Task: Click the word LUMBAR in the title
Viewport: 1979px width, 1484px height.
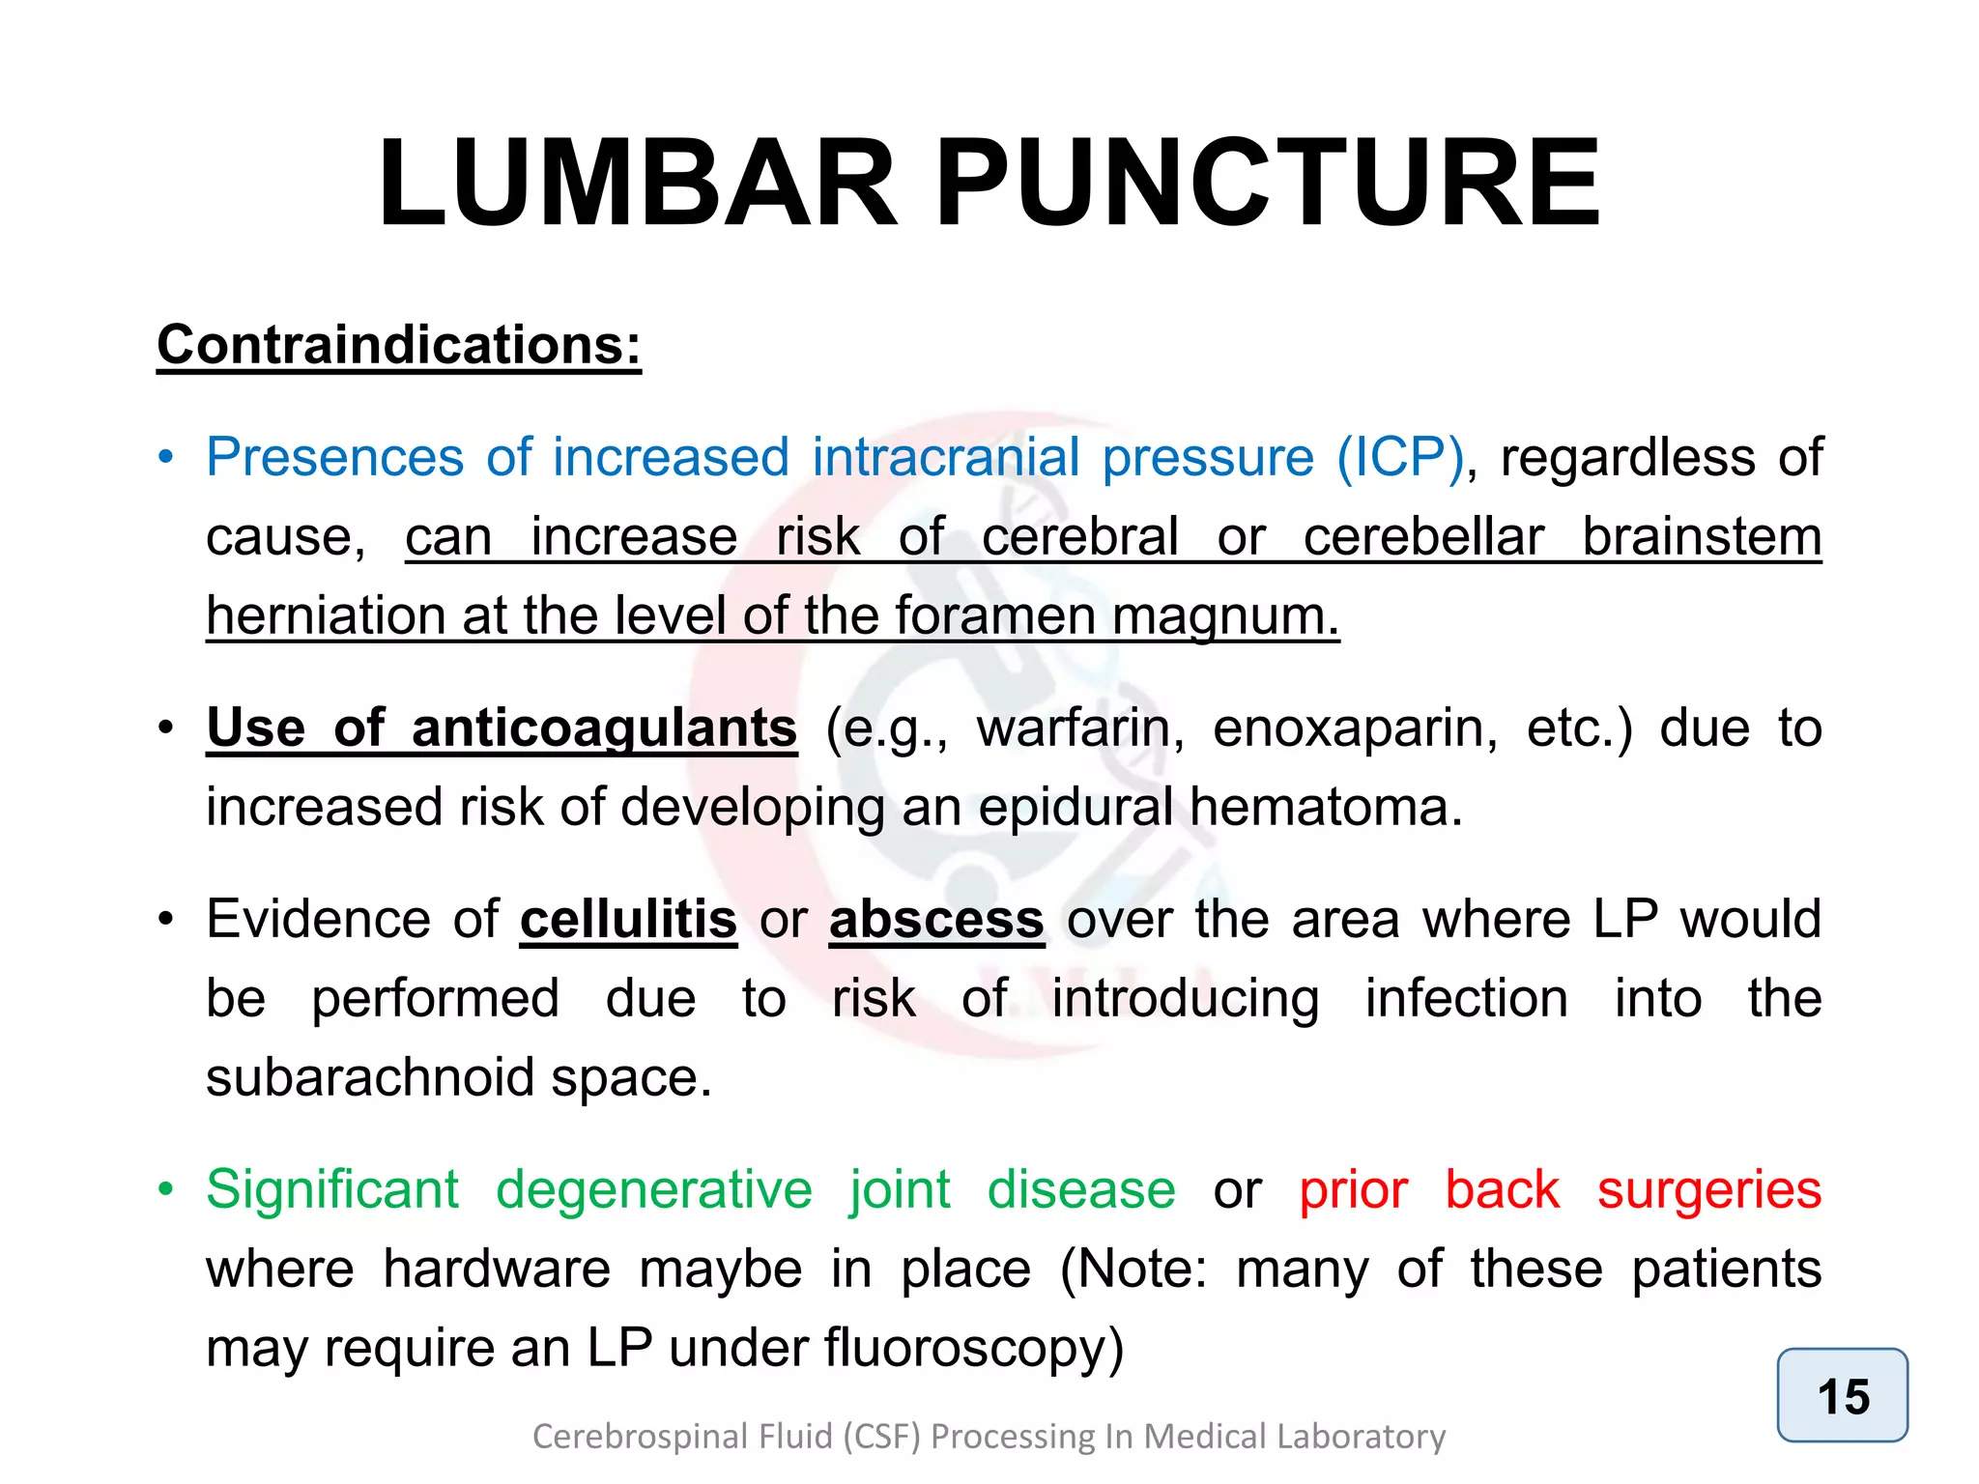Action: click(638, 184)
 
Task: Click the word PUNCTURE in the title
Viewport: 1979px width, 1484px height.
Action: click(1268, 184)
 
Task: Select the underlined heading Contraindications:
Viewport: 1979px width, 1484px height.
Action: click(399, 345)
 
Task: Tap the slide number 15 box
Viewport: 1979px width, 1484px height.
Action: click(1842, 1395)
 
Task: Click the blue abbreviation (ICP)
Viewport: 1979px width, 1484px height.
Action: click(1401, 457)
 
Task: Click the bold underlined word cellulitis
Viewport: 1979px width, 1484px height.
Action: click(628, 919)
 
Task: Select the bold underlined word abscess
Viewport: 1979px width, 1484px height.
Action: click(936, 919)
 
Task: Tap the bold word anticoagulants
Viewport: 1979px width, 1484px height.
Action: click(604, 728)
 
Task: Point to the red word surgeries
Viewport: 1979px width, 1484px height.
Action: click(1708, 1189)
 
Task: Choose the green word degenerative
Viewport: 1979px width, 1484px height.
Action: click(654, 1189)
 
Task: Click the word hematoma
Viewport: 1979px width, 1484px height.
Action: click(1325, 807)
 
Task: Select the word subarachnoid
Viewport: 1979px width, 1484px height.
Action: click(370, 1077)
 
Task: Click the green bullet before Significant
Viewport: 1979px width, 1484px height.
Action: click(166, 1189)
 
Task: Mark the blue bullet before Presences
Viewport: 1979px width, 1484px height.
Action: click(166, 457)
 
